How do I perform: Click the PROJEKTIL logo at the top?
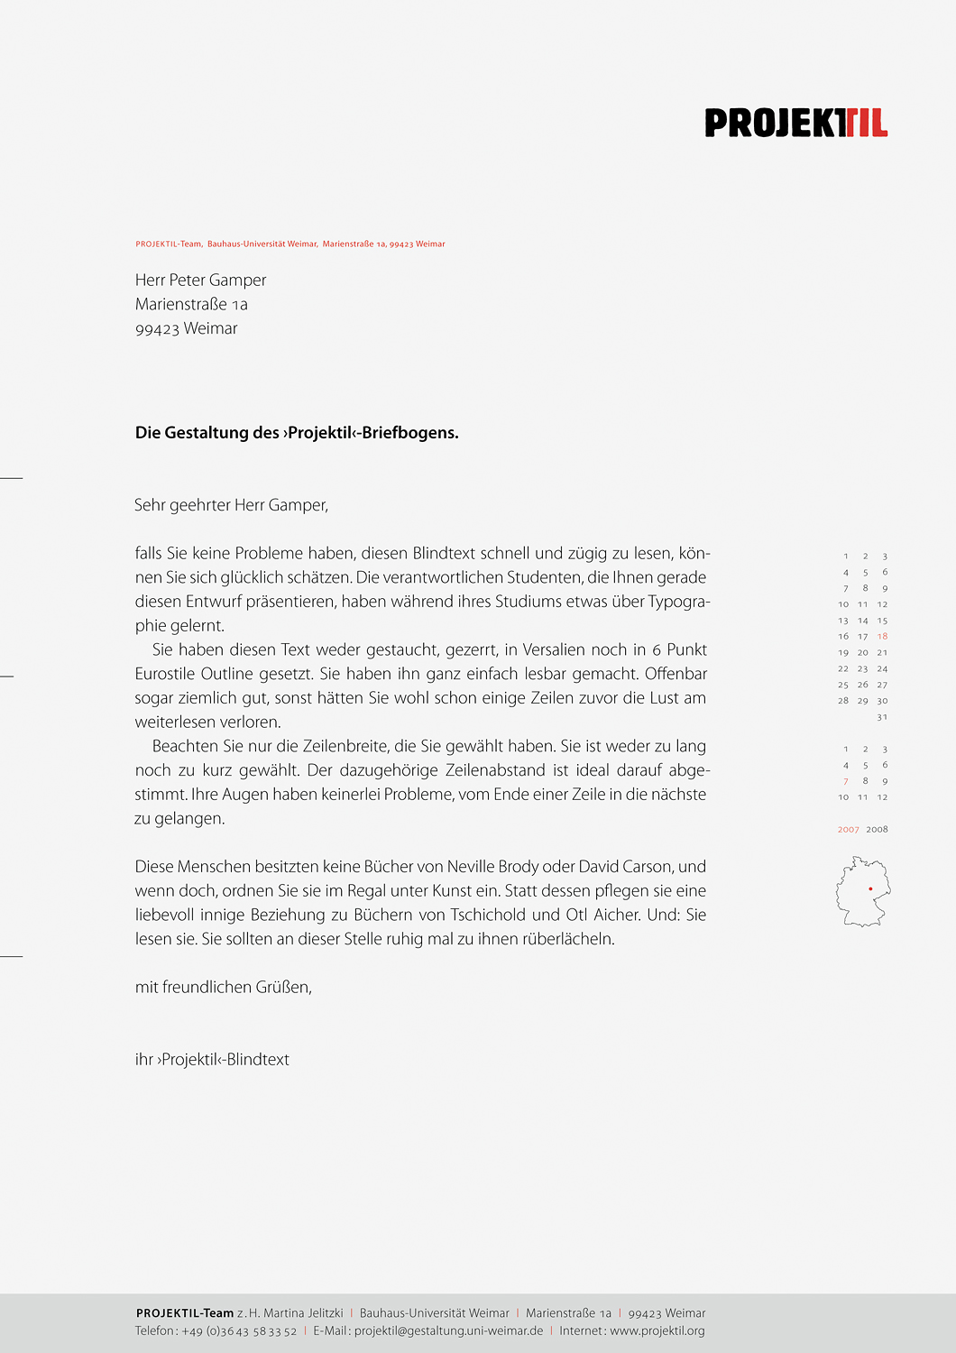click(x=795, y=123)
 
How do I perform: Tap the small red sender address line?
click(x=290, y=244)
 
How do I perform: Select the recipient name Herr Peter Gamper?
click(x=200, y=281)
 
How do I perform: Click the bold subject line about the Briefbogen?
click(x=297, y=433)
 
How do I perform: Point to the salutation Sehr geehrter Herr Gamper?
click(x=231, y=505)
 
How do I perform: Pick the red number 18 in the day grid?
click(x=882, y=637)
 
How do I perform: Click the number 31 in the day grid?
click(x=882, y=717)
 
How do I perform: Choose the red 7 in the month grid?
click(x=845, y=781)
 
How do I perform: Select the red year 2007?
click(x=848, y=830)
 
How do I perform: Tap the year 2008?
click(x=877, y=830)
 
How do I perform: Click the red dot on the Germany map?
click(x=870, y=888)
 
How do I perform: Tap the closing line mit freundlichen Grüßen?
click(x=224, y=988)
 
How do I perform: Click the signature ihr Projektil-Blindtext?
click(x=212, y=1060)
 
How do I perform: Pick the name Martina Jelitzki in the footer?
click(x=303, y=1313)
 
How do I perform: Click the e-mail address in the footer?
click(x=448, y=1330)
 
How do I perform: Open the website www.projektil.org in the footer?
click(x=657, y=1330)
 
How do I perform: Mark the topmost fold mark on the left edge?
click(x=11, y=477)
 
